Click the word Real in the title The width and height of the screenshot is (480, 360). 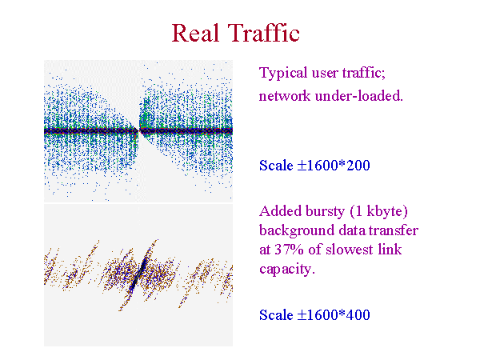(196, 33)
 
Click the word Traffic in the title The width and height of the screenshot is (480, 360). (263, 33)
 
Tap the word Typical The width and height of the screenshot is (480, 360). (283, 74)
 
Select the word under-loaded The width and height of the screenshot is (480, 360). (358, 96)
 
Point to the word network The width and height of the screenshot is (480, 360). (285, 96)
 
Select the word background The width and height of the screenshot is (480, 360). (297, 230)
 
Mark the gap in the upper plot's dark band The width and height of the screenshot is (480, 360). (138, 130)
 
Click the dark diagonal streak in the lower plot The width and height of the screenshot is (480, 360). (138, 274)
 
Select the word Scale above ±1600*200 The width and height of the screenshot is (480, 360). (276, 166)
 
